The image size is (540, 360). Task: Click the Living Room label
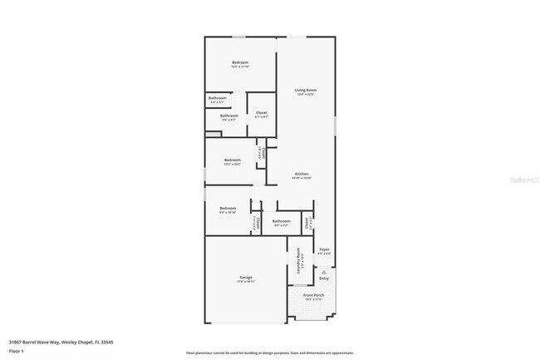(307, 90)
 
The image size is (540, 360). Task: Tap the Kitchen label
(302, 174)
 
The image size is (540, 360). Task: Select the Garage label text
(247, 277)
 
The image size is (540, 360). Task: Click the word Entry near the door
(324, 279)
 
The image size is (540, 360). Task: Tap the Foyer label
(325, 249)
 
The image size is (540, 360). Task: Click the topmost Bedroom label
(240, 62)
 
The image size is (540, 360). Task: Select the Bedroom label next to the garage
(228, 208)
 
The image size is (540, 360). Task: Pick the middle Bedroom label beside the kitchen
(233, 160)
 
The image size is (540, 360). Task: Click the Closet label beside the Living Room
(261, 113)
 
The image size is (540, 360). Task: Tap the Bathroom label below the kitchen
(281, 220)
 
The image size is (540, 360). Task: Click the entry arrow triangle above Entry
(324, 270)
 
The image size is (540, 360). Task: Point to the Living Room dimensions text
(307, 95)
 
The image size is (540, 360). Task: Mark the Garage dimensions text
(247, 282)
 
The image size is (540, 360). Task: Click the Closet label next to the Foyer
(307, 223)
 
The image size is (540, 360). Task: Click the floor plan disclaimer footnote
(269, 353)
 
